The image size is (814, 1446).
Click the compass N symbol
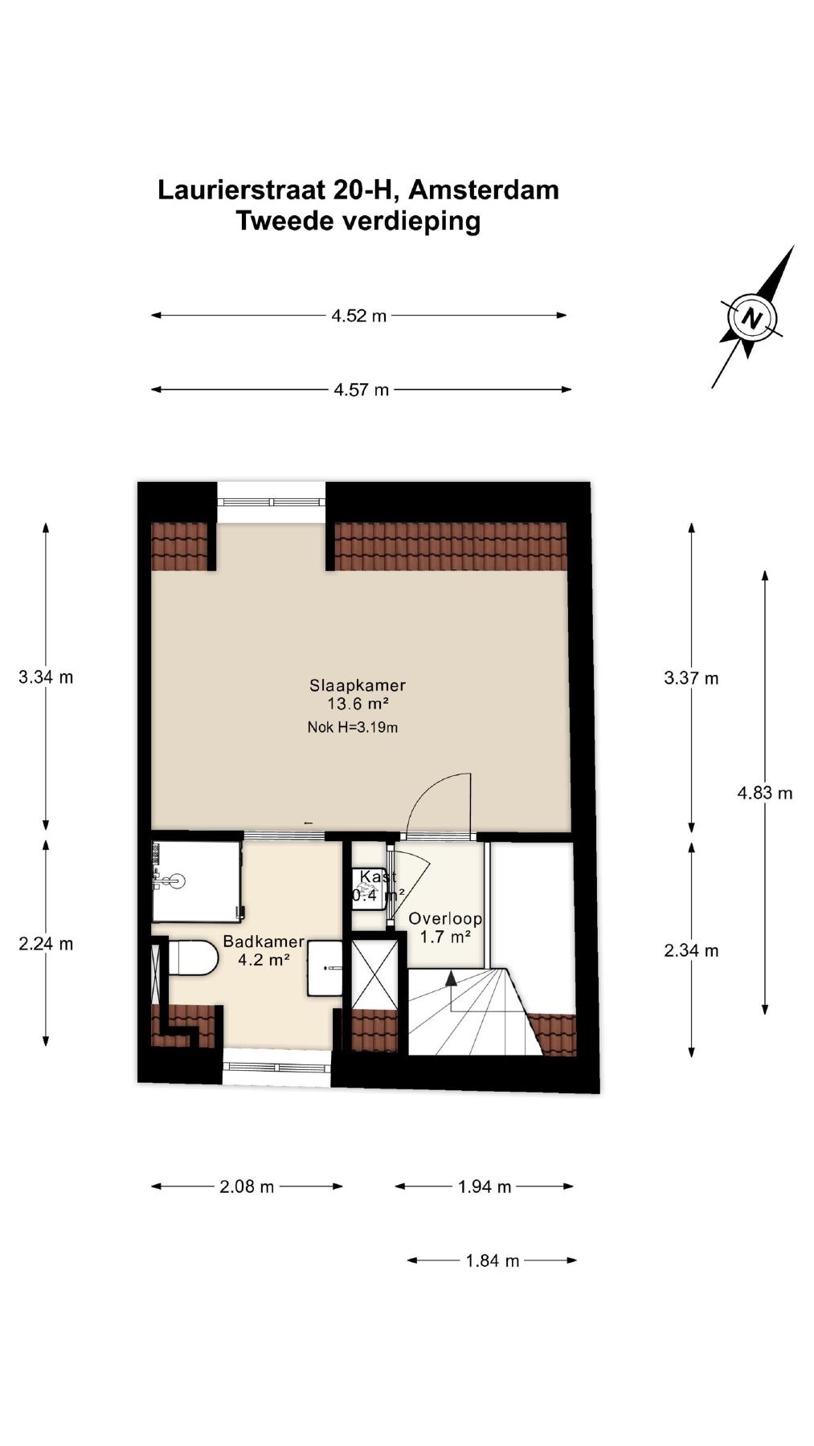[x=751, y=317]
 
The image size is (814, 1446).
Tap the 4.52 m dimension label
[x=359, y=316]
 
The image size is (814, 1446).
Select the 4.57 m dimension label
[x=362, y=390]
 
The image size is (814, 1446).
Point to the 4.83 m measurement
[x=765, y=793]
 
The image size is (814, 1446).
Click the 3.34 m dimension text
[x=46, y=677]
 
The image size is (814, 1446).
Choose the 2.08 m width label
[x=247, y=1187]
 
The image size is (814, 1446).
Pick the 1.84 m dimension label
[x=493, y=1260]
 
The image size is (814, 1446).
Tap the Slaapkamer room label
[x=358, y=685]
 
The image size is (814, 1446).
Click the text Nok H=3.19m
[x=353, y=728]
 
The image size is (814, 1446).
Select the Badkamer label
[x=264, y=942]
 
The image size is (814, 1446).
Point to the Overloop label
[x=445, y=918]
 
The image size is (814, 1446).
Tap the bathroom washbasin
[x=325, y=968]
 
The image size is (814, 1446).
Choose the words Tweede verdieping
[x=358, y=220]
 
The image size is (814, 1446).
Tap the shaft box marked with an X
[x=374, y=973]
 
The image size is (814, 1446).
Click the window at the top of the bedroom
[x=272, y=502]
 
